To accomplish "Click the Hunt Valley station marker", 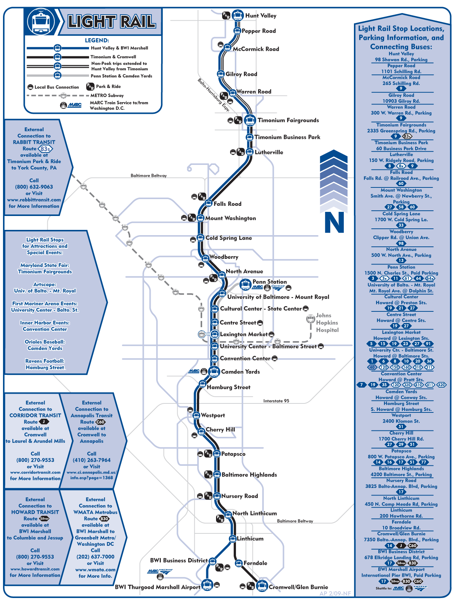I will tap(237, 15).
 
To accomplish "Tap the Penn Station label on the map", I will tap(269, 282).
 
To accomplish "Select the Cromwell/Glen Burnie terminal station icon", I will tap(262, 586).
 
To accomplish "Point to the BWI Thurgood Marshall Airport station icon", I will tap(207, 585).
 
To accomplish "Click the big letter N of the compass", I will tap(334, 222).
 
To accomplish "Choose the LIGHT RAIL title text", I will tap(112, 22).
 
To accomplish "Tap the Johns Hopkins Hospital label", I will tap(327, 323).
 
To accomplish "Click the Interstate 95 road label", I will tap(276, 401).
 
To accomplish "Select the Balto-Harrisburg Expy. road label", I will tap(213, 95).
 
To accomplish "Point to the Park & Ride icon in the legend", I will tap(90, 87).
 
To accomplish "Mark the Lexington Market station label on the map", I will tap(243, 334).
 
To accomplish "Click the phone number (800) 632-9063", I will tap(34, 187).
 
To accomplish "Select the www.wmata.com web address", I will tap(95, 569).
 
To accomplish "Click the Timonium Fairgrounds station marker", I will tap(250, 120).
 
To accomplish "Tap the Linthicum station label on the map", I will tap(250, 539).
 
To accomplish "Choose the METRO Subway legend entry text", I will tap(107, 95).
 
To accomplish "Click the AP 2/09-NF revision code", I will tap(335, 593).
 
